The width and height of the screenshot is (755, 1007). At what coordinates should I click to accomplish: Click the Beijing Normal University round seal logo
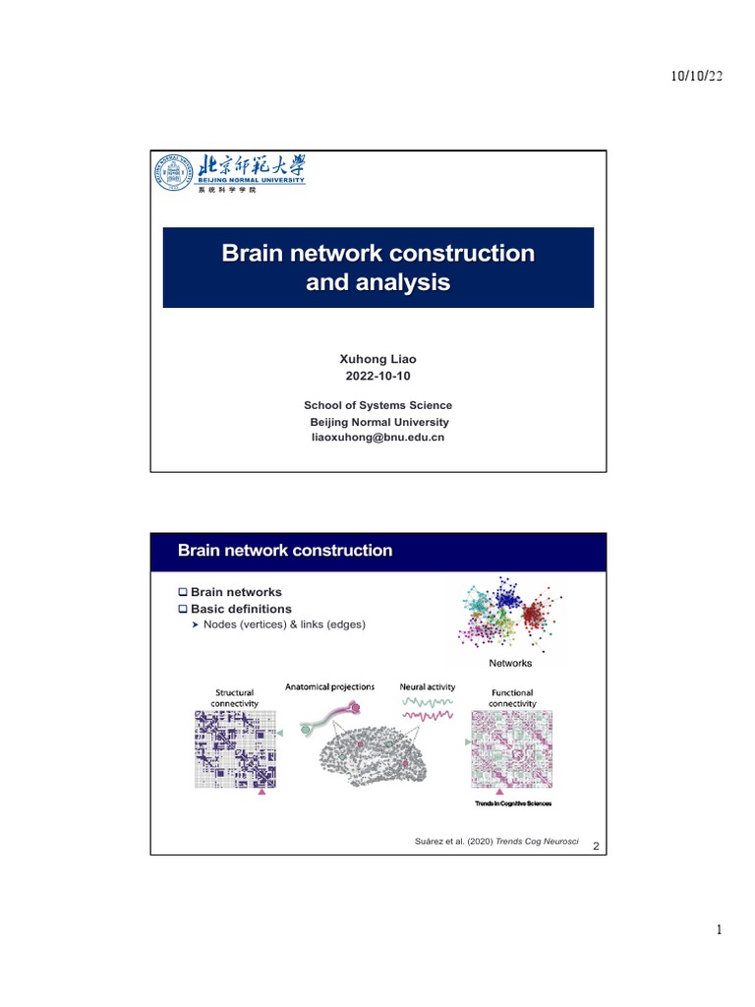(x=171, y=174)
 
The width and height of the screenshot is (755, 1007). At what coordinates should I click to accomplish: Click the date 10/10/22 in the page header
(x=695, y=78)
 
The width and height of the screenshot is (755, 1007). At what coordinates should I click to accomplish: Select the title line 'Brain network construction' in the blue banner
(x=377, y=254)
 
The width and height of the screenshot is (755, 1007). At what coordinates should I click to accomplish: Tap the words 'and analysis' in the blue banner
(x=377, y=284)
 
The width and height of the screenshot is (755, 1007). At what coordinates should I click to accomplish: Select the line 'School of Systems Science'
(x=377, y=405)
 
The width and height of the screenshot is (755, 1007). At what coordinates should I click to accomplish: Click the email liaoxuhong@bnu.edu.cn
(x=377, y=437)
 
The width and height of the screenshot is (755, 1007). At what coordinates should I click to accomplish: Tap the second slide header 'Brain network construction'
(x=285, y=551)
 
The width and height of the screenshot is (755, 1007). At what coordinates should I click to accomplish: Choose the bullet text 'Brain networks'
(x=236, y=592)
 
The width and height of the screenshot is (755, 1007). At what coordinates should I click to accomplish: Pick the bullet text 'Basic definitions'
(x=241, y=609)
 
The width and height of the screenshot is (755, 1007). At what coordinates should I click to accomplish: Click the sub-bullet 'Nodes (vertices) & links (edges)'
(x=284, y=623)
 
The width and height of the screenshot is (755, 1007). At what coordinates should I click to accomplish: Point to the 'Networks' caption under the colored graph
(x=510, y=664)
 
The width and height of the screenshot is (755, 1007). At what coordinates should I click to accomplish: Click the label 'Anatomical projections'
(x=329, y=686)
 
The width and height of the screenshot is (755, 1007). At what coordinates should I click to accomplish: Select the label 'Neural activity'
(x=428, y=686)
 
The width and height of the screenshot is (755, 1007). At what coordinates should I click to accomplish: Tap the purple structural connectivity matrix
(x=234, y=748)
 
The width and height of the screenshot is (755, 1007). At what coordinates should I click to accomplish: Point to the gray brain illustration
(x=383, y=757)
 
